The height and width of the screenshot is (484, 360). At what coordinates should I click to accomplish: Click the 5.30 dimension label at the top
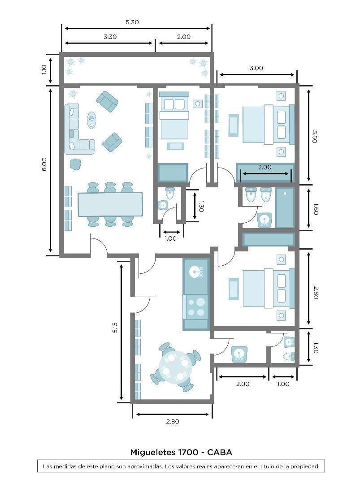coord(132,22)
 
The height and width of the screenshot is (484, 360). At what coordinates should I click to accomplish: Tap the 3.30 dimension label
coord(110,37)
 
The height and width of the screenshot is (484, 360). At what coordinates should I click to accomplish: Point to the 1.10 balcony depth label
coord(44,69)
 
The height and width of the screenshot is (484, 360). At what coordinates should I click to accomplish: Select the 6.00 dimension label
coord(44,164)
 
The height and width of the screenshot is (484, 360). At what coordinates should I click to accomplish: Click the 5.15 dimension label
coord(115,327)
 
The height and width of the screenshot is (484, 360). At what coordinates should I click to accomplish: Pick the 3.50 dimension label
coord(315,136)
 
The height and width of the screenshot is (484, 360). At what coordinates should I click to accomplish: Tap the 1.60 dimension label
coord(316,209)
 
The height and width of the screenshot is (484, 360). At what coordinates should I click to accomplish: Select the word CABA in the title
coord(220,453)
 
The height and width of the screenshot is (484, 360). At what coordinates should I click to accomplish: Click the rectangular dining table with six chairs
coord(110,204)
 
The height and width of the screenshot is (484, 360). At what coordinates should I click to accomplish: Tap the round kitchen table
coord(174,367)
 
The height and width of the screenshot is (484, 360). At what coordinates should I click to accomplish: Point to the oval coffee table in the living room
coord(91,120)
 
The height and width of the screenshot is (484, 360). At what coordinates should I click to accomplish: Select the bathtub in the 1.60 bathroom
coord(285,207)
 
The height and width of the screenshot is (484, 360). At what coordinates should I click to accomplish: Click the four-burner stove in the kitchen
coord(196,307)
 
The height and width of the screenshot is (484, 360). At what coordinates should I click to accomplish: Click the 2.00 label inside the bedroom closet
coord(265,167)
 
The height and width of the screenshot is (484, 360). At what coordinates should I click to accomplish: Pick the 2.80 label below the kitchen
coord(173,422)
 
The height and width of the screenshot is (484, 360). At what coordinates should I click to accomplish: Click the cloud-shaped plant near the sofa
coord(75,164)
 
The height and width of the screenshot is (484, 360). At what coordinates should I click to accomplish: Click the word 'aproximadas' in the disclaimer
coord(145,467)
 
